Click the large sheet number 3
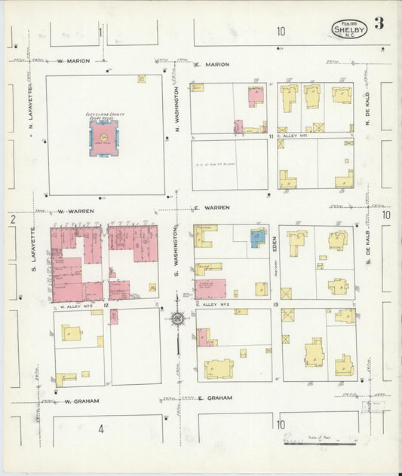pos(379,23)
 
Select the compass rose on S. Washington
pos(177,319)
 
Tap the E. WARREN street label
pos(211,206)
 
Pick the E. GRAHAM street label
pos(214,398)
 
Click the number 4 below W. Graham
pos(99,429)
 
